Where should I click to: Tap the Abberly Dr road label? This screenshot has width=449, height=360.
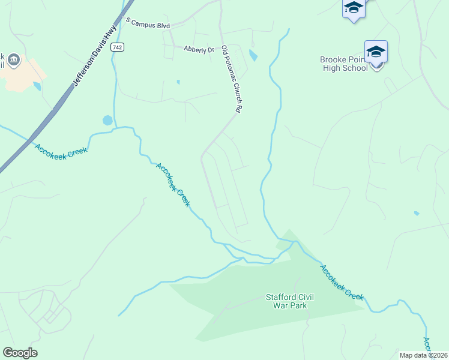199,50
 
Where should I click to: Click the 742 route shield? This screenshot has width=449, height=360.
117,47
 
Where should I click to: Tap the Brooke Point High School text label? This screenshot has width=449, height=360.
343,64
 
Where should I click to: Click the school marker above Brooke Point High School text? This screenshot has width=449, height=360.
376,53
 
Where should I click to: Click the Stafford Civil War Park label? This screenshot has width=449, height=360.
286,301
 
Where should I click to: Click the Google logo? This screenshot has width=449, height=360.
20,353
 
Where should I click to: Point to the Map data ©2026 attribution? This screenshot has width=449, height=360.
424,355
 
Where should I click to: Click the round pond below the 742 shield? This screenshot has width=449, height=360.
107,120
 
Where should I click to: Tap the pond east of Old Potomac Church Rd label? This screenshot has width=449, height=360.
253,56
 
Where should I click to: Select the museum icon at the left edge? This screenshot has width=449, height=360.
14,60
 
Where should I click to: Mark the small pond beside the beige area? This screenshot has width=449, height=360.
37,86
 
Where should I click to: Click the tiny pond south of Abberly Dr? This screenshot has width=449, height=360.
178,82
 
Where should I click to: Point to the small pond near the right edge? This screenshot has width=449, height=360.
416,213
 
